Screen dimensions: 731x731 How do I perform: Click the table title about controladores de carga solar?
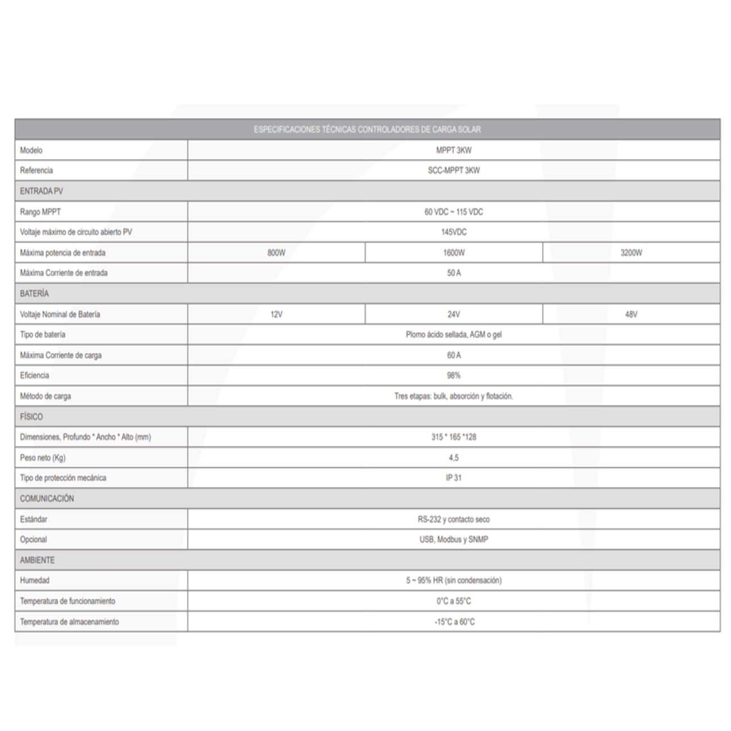click(367, 129)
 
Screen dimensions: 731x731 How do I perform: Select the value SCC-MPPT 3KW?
click(453, 170)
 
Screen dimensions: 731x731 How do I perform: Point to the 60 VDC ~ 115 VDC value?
click(453, 212)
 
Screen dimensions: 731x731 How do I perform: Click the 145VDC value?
click(453, 232)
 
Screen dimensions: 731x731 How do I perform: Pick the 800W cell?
click(276, 253)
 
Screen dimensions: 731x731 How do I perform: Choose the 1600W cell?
click(453, 253)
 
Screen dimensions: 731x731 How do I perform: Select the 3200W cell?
click(631, 253)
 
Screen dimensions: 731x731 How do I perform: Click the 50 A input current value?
click(453, 273)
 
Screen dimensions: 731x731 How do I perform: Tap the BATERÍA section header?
click(34, 294)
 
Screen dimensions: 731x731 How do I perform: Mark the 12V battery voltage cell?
click(276, 314)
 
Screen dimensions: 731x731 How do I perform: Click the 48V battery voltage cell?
click(631, 314)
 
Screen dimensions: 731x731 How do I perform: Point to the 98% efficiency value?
click(453, 376)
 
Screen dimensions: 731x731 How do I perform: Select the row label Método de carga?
click(46, 396)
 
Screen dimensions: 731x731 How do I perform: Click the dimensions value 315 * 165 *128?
click(453, 437)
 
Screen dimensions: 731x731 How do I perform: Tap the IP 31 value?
click(453, 478)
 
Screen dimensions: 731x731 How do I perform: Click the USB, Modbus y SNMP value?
click(453, 540)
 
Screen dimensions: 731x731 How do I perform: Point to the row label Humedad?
click(35, 580)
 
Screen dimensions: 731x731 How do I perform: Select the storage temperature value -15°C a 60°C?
click(453, 622)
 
